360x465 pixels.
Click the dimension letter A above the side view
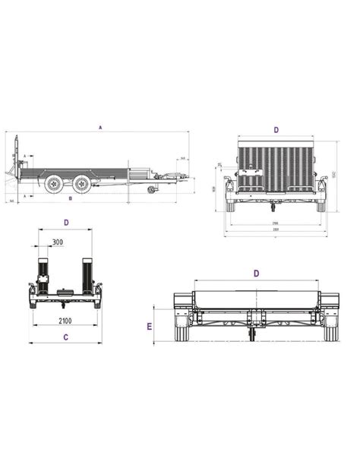pyautogui.click(x=100, y=128)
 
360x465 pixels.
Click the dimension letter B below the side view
pyautogui.click(x=70, y=198)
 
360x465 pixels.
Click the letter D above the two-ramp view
pyautogui.click(x=66, y=223)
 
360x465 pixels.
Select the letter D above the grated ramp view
pyautogui.click(x=276, y=130)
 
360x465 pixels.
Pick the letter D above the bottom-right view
pyautogui.click(x=256, y=272)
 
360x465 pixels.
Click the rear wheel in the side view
pyautogui.click(x=52, y=185)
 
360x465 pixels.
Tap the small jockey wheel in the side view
pyautogui.click(x=150, y=189)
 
